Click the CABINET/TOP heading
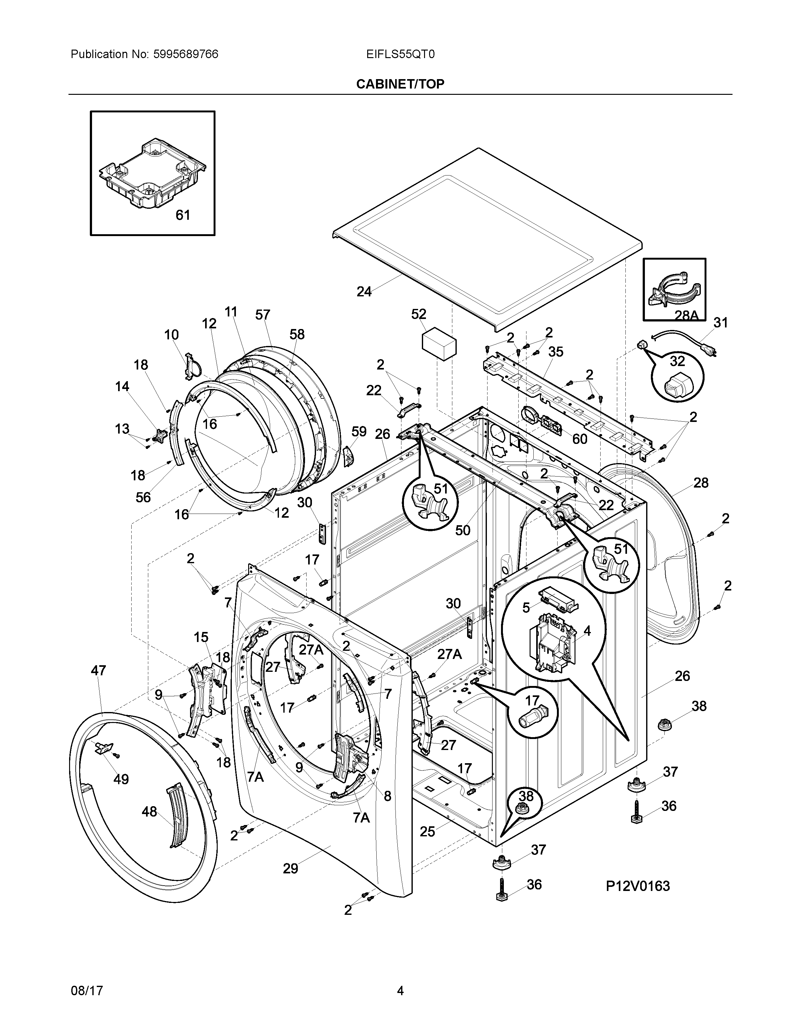(400, 84)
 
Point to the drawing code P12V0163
(637, 886)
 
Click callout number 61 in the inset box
(183, 215)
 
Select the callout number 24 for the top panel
(364, 292)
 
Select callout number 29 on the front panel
(291, 869)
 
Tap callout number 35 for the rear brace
(556, 352)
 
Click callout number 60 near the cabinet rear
(580, 439)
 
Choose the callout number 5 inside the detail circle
(526, 608)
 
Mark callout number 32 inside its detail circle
(677, 361)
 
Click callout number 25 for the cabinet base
(427, 832)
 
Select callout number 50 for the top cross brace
(463, 530)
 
